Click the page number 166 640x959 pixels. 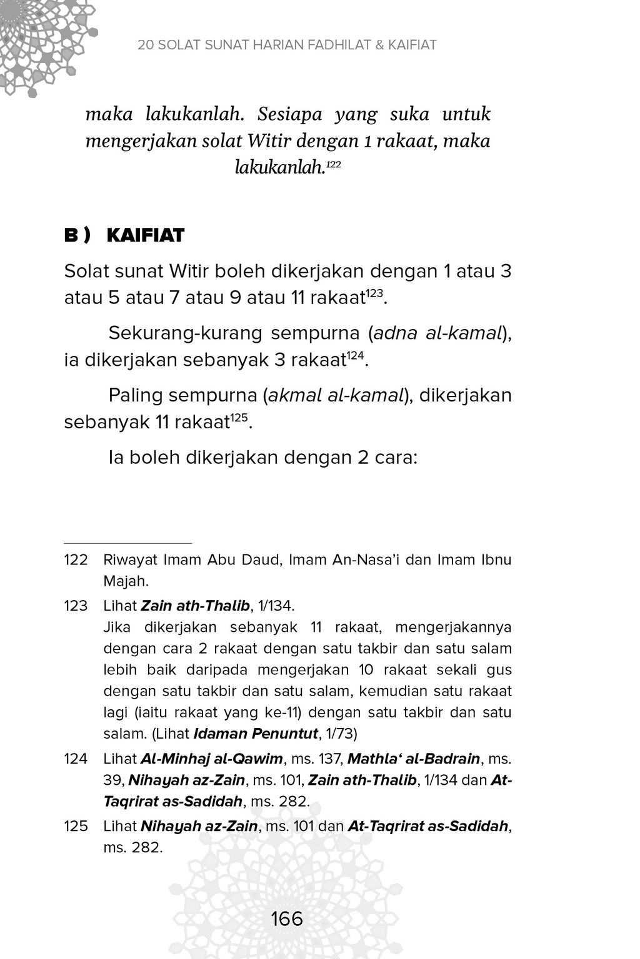(x=287, y=919)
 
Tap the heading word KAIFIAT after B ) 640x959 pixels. (x=146, y=235)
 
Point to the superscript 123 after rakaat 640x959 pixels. (x=373, y=293)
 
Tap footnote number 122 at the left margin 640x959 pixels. (x=76, y=559)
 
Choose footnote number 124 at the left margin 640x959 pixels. (x=76, y=759)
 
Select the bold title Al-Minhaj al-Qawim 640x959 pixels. (x=212, y=759)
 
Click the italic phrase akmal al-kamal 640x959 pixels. (x=334, y=395)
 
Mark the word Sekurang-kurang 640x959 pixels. (x=185, y=333)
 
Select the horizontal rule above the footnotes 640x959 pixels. (x=127, y=543)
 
